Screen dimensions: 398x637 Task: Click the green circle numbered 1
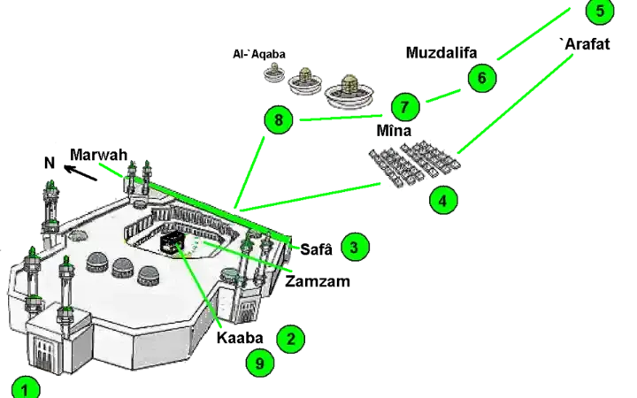click(x=26, y=388)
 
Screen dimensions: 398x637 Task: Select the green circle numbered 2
click(x=290, y=339)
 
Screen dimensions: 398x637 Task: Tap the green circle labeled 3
click(x=354, y=248)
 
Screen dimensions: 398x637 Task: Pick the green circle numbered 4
click(x=443, y=201)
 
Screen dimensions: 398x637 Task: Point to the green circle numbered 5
click(x=599, y=11)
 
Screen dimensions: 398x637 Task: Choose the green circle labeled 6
click(x=481, y=79)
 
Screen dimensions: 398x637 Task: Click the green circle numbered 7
click(x=404, y=108)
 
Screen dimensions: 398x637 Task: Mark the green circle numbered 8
click(x=278, y=119)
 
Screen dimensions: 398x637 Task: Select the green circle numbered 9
click(x=259, y=363)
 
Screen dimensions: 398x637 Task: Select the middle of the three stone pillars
click(x=306, y=78)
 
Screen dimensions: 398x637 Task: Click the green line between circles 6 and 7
click(x=443, y=96)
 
